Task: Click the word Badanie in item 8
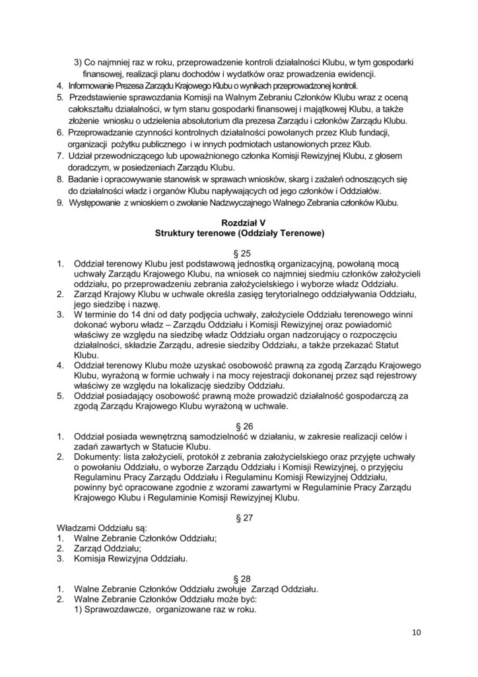[90, 179]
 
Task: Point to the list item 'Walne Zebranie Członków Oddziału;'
[149, 538]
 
